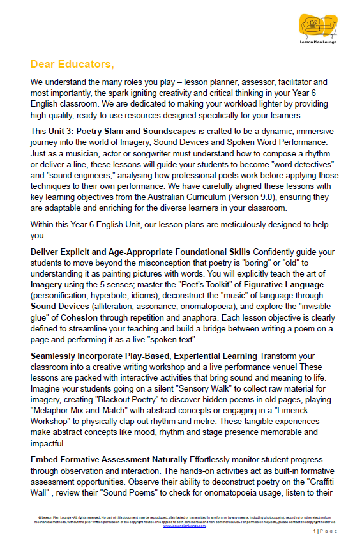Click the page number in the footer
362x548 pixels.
(315, 531)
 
